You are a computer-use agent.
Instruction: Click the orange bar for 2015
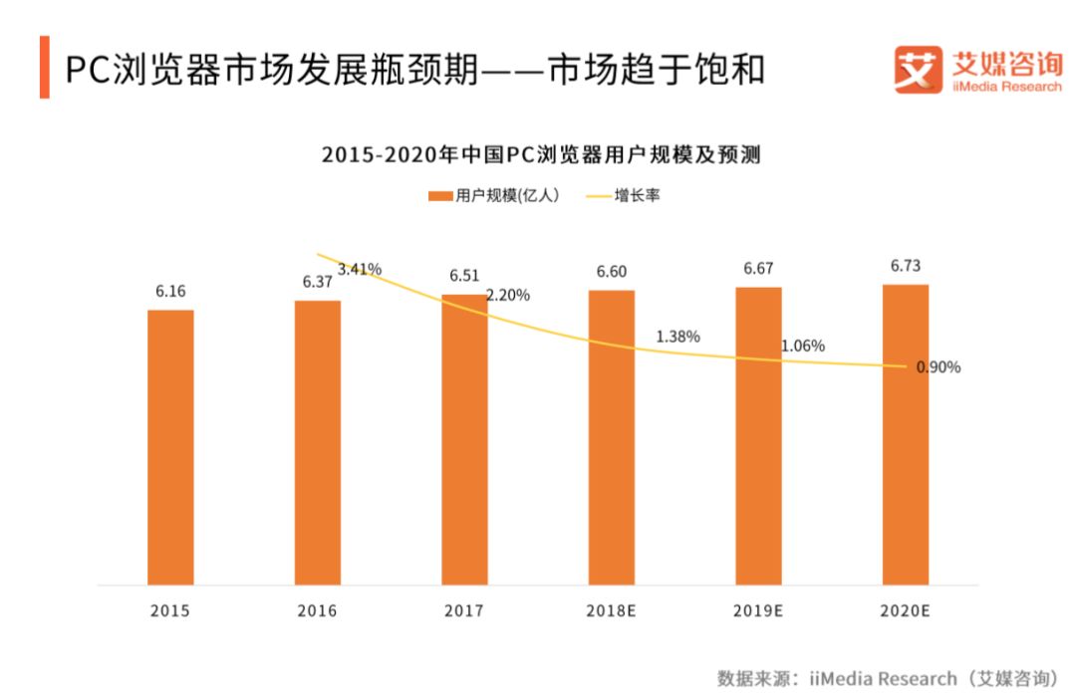click(x=170, y=447)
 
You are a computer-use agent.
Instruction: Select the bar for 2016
click(x=318, y=442)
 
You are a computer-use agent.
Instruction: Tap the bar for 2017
click(x=464, y=439)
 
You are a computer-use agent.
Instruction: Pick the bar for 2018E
click(x=611, y=437)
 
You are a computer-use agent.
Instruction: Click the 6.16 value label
click(x=170, y=292)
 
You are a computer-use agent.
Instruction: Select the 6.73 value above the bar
click(x=905, y=266)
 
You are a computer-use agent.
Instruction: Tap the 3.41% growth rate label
click(x=360, y=269)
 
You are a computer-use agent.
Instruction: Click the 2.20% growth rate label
click(x=507, y=296)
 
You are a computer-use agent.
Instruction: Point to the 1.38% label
click(x=677, y=337)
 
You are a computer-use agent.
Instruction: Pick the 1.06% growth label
click(x=802, y=347)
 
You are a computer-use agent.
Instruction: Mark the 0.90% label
click(x=938, y=367)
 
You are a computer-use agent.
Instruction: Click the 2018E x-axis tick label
click(x=611, y=610)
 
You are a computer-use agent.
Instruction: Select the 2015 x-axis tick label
click(x=170, y=610)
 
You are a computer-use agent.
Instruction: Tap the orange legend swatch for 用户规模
click(x=439, y=196)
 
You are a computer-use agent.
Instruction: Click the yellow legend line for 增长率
click(x=597, y=196)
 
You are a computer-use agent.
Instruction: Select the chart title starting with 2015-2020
click(x=540, y=154)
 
